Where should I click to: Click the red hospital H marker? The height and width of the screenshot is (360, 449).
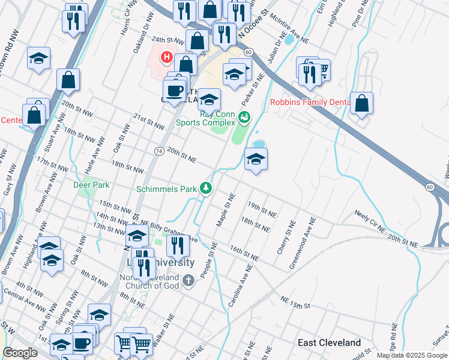point(166,58)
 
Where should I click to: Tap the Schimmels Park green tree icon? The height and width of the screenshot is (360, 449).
point(206,188)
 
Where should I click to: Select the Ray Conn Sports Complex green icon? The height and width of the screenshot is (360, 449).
point(244,117)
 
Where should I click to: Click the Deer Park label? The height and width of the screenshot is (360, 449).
point(91,185)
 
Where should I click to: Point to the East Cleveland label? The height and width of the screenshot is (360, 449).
point(330,343)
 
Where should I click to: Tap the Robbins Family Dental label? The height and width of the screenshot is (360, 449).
point(310,102)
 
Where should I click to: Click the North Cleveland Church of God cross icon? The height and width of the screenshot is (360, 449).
point(188,280)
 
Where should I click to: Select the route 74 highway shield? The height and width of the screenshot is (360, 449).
point(159,151)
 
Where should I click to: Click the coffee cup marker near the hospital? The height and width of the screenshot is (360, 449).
point(175,91)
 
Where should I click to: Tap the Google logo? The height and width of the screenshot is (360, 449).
point(20,353)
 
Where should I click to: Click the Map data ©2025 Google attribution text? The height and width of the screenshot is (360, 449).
point(412,355)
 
